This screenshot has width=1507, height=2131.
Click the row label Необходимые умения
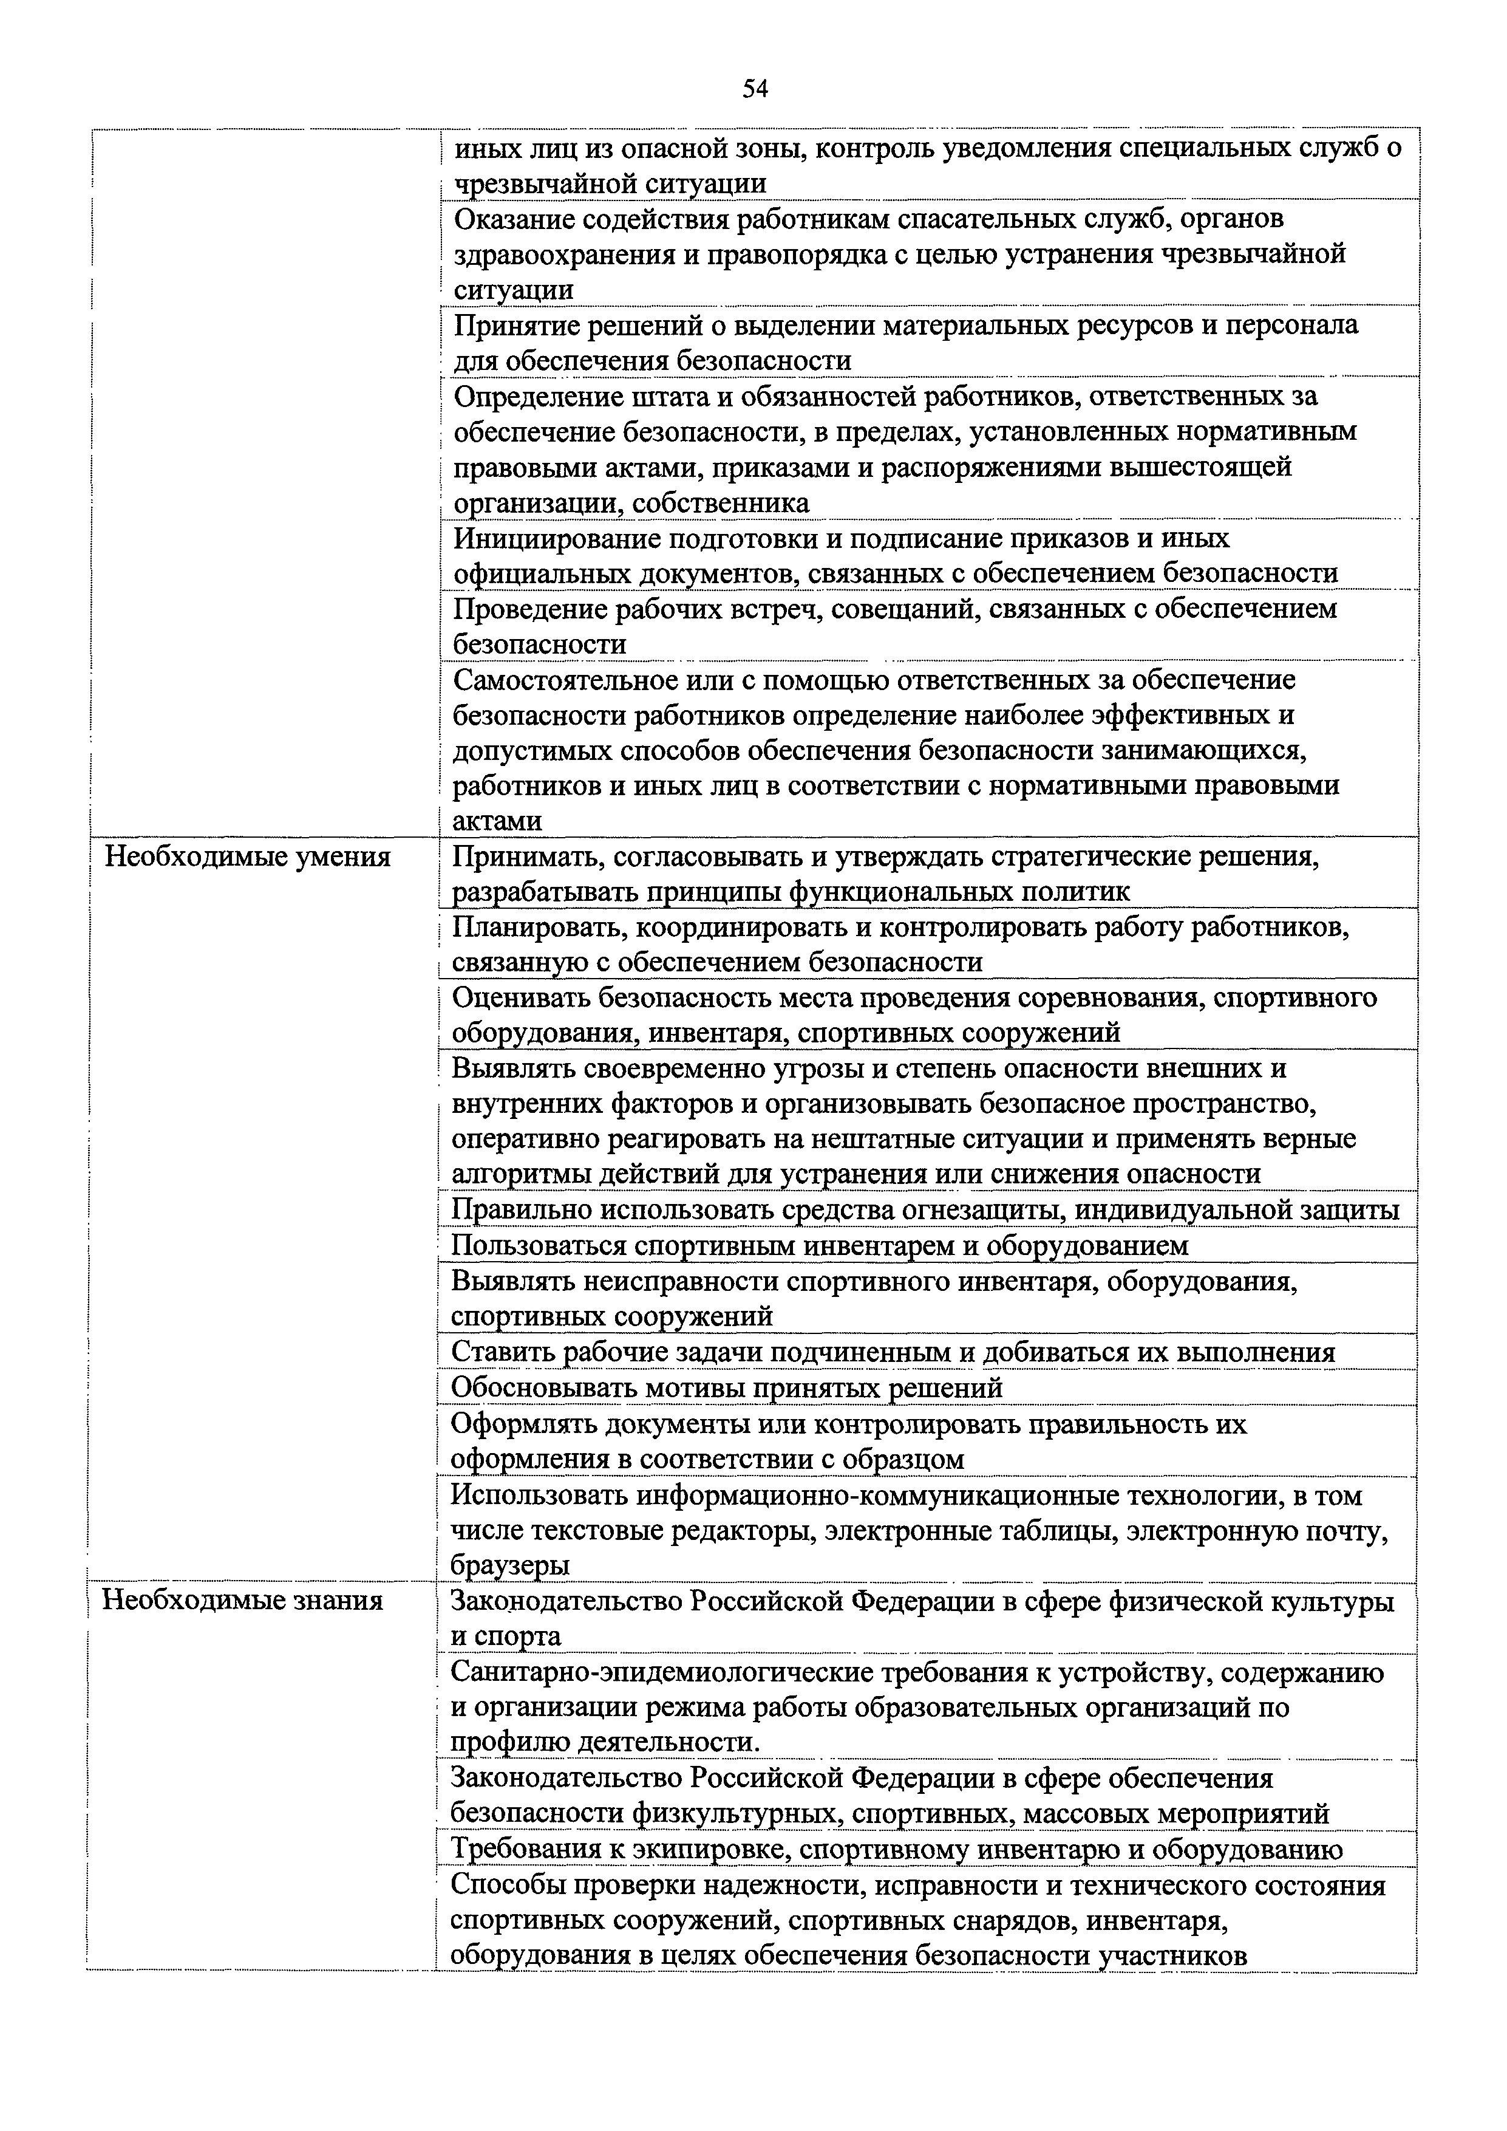click(x=247, y=857)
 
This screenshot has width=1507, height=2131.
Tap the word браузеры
click(x=509, y=1565)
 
